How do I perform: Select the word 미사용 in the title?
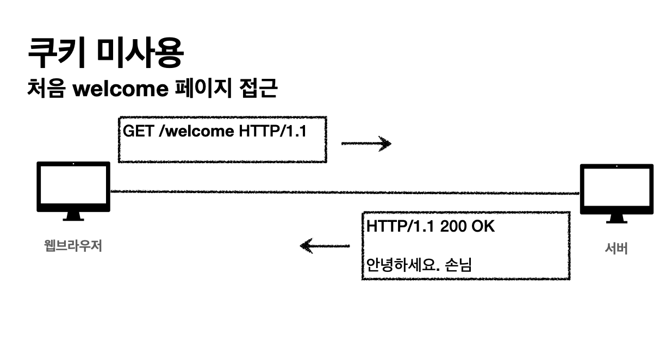[140, 53]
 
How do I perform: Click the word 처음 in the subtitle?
[47, 88]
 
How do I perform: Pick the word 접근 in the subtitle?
[258, 88]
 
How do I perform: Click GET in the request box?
[139, 131]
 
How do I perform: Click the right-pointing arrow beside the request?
[366, 144]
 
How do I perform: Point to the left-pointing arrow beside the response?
[325, 246]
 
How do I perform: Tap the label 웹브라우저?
[73, 246]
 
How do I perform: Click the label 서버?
[617, 249]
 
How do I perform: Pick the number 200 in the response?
[453, 227]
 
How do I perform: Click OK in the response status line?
[483, 227]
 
